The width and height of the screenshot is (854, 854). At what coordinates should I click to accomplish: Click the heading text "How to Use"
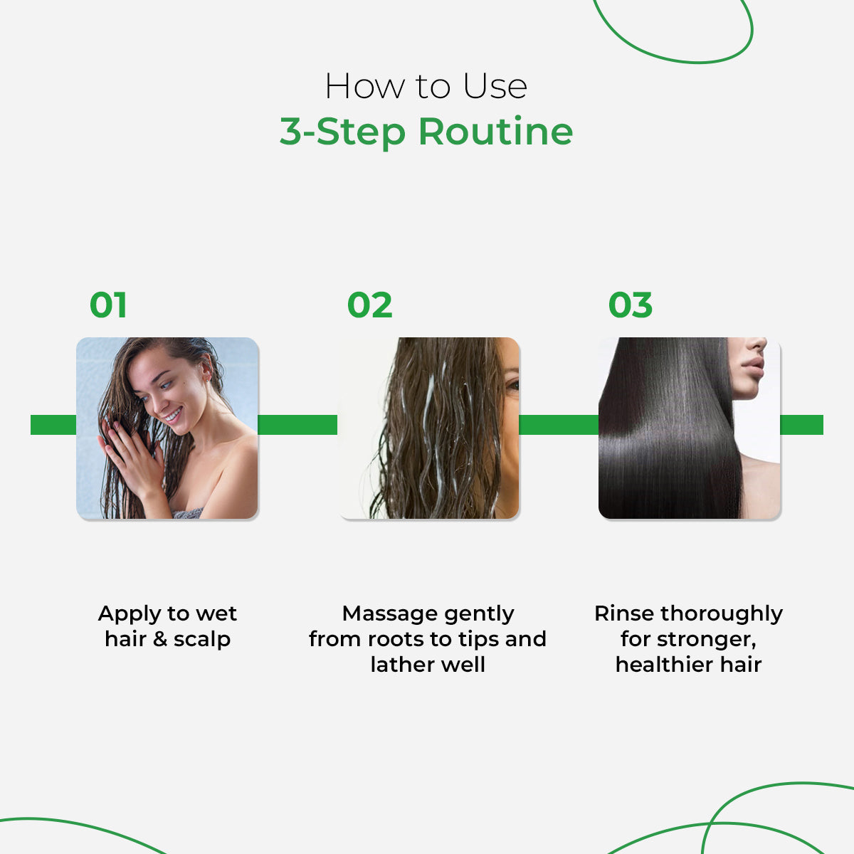[x=426, y=87]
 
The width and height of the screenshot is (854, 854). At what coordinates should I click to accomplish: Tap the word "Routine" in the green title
[x=495, y=132]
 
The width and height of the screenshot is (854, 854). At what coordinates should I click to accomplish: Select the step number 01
[x=108, y=305]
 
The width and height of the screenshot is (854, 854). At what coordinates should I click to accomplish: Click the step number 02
[x=369, y=305]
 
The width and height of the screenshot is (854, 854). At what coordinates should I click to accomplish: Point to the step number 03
[x=630, y=305]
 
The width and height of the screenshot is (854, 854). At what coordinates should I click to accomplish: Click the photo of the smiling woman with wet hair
[x=167, y=428]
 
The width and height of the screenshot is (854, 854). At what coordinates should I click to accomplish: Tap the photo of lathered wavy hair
[x=430, y=428]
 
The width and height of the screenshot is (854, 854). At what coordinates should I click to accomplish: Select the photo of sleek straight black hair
[x=689, y=428]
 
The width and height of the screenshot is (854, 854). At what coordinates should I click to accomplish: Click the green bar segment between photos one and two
[x=297, y=425]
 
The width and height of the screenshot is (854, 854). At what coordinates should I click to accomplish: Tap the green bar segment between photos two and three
[x=559, y=425]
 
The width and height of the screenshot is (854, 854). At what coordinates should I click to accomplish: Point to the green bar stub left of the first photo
[x=53, y=425]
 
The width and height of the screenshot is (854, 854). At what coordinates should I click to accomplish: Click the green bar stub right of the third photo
[x=802, y=425]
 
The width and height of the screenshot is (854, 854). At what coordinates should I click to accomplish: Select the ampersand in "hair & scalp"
[x=160, y=639]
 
